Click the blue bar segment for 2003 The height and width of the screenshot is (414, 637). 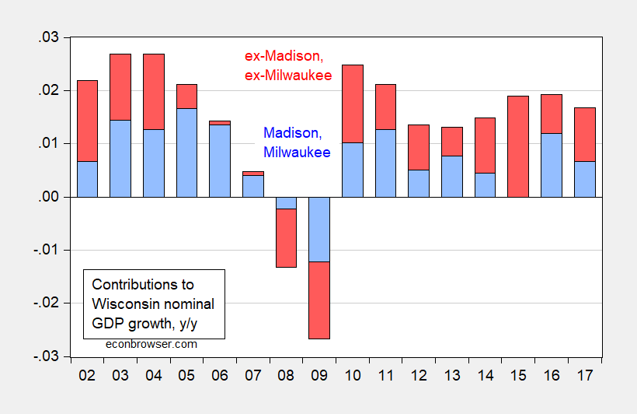point(120,158)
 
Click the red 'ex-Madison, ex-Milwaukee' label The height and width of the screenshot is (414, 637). point(284,65)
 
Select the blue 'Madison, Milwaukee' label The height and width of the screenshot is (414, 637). point(298,142)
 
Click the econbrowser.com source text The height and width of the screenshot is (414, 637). point(151,343)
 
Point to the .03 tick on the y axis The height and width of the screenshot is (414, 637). point(54,38)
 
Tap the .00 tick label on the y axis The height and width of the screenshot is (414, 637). point(54,197)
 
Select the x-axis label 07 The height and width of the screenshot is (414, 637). point(252,375)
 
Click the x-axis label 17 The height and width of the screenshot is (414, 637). point(583,375)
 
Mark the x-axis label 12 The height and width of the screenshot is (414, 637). point(418,375)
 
